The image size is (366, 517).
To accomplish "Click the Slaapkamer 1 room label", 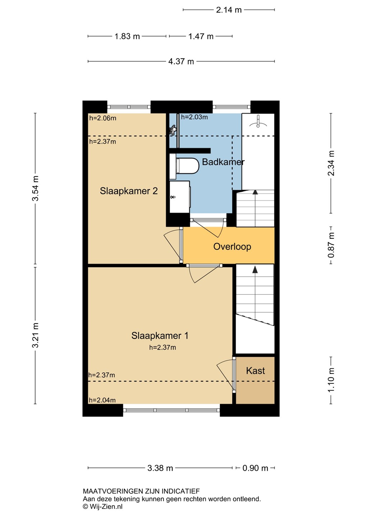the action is click(x=160, y=336).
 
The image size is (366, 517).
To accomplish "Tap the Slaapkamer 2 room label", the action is click(x=129, y=191).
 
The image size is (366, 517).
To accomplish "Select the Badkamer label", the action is click(x=223, y=162).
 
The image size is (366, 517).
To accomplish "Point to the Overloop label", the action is click(x=232, y=247).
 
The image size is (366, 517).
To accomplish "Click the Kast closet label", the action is click(x=255, y=371).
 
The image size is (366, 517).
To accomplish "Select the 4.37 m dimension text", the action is click(x=181, y=62).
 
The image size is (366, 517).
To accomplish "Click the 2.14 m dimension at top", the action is click(x=229, y=10).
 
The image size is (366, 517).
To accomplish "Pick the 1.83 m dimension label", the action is click(x=127, y=36).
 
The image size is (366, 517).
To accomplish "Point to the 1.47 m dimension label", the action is click(x=201, y=36).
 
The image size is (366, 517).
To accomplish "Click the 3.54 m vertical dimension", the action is click(x=35, y=188).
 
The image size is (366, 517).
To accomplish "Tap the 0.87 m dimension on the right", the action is click(x=331, y=245).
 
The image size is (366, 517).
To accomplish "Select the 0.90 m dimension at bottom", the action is click(x=255, y=468).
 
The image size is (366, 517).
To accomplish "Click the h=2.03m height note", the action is click(x=194, y=117).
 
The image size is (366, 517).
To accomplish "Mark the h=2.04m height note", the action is click(x=102, y=400).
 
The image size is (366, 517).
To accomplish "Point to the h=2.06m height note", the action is click(x=103, y=118).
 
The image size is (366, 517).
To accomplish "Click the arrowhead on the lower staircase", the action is click(x=255, y=269).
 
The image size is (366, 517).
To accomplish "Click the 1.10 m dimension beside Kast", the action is click(x=331, y=380).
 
